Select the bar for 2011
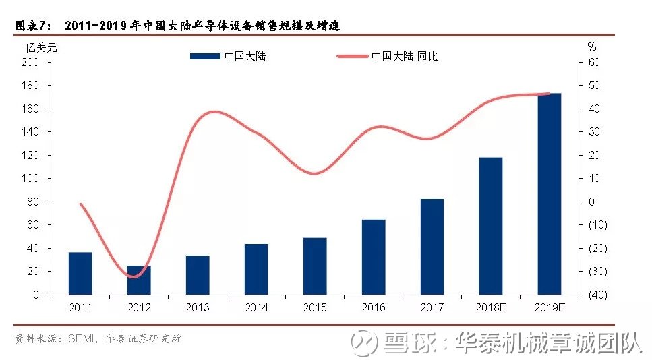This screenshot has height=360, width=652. point(80,274)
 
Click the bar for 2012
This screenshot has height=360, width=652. point(139,280)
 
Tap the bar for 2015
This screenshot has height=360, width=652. point(315,266)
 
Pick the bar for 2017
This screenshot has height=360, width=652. point(432,247)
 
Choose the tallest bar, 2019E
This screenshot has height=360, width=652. point(550,194)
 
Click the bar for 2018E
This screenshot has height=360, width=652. point(491,226)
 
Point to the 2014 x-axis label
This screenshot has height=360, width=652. point(256,307)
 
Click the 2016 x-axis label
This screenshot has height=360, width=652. point(374,307)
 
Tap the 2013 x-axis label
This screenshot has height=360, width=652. point(198,307)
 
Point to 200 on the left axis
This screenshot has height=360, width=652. point(30,62)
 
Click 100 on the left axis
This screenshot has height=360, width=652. point(30,179)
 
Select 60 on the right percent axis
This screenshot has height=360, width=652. point(594,62)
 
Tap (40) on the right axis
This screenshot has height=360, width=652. point(598,295)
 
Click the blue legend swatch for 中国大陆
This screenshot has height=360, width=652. point(205,56)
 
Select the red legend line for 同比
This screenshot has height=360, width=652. point(353,56)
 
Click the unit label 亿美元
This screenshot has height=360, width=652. point(40,48)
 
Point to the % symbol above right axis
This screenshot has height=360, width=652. point(592,47)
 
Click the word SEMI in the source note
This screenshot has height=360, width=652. point(81,339)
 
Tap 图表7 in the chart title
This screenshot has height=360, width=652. point(33,26)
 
